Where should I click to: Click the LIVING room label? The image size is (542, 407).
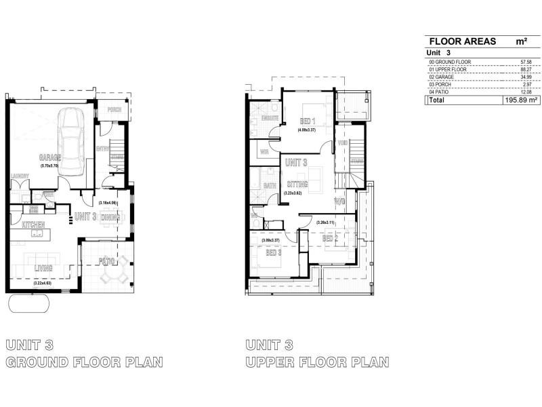pos(43,269)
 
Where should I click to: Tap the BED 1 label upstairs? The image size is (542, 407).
pos(309,121)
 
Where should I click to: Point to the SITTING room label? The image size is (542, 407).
pos(297,185)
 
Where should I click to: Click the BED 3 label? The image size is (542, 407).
pos(273,252)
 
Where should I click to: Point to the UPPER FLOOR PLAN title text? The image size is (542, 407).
pos(318,362)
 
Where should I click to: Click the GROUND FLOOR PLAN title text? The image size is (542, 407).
pos(84,362)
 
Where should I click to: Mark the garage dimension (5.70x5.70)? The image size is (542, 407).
pos(50,165)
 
